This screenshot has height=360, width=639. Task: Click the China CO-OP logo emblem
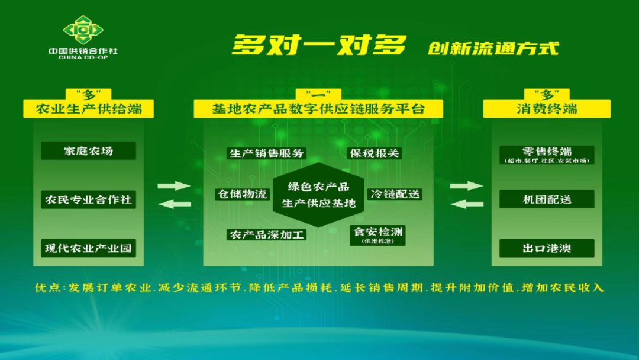point(83,29)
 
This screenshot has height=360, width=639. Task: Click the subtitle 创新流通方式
point(493,47)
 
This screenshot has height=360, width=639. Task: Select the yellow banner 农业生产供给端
point(88,109)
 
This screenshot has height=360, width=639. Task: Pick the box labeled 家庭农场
point(88,151)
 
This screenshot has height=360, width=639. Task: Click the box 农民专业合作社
point(88,200)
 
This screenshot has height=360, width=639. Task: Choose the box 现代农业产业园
point(88,248)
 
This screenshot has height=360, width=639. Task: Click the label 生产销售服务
point(266,153)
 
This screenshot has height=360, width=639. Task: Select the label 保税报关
point(375,153)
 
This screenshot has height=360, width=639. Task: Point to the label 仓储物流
point(242,194)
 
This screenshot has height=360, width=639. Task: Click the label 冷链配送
point(395,194)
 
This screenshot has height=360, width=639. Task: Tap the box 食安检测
point(378,234)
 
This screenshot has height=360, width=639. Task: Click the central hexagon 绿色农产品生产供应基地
point(319,195)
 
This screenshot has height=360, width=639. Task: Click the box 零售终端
point(547,154)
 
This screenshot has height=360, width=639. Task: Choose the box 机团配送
point(547,200)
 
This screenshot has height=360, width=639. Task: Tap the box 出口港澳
point(547,248)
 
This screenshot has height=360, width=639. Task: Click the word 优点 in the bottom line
point(48,288)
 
